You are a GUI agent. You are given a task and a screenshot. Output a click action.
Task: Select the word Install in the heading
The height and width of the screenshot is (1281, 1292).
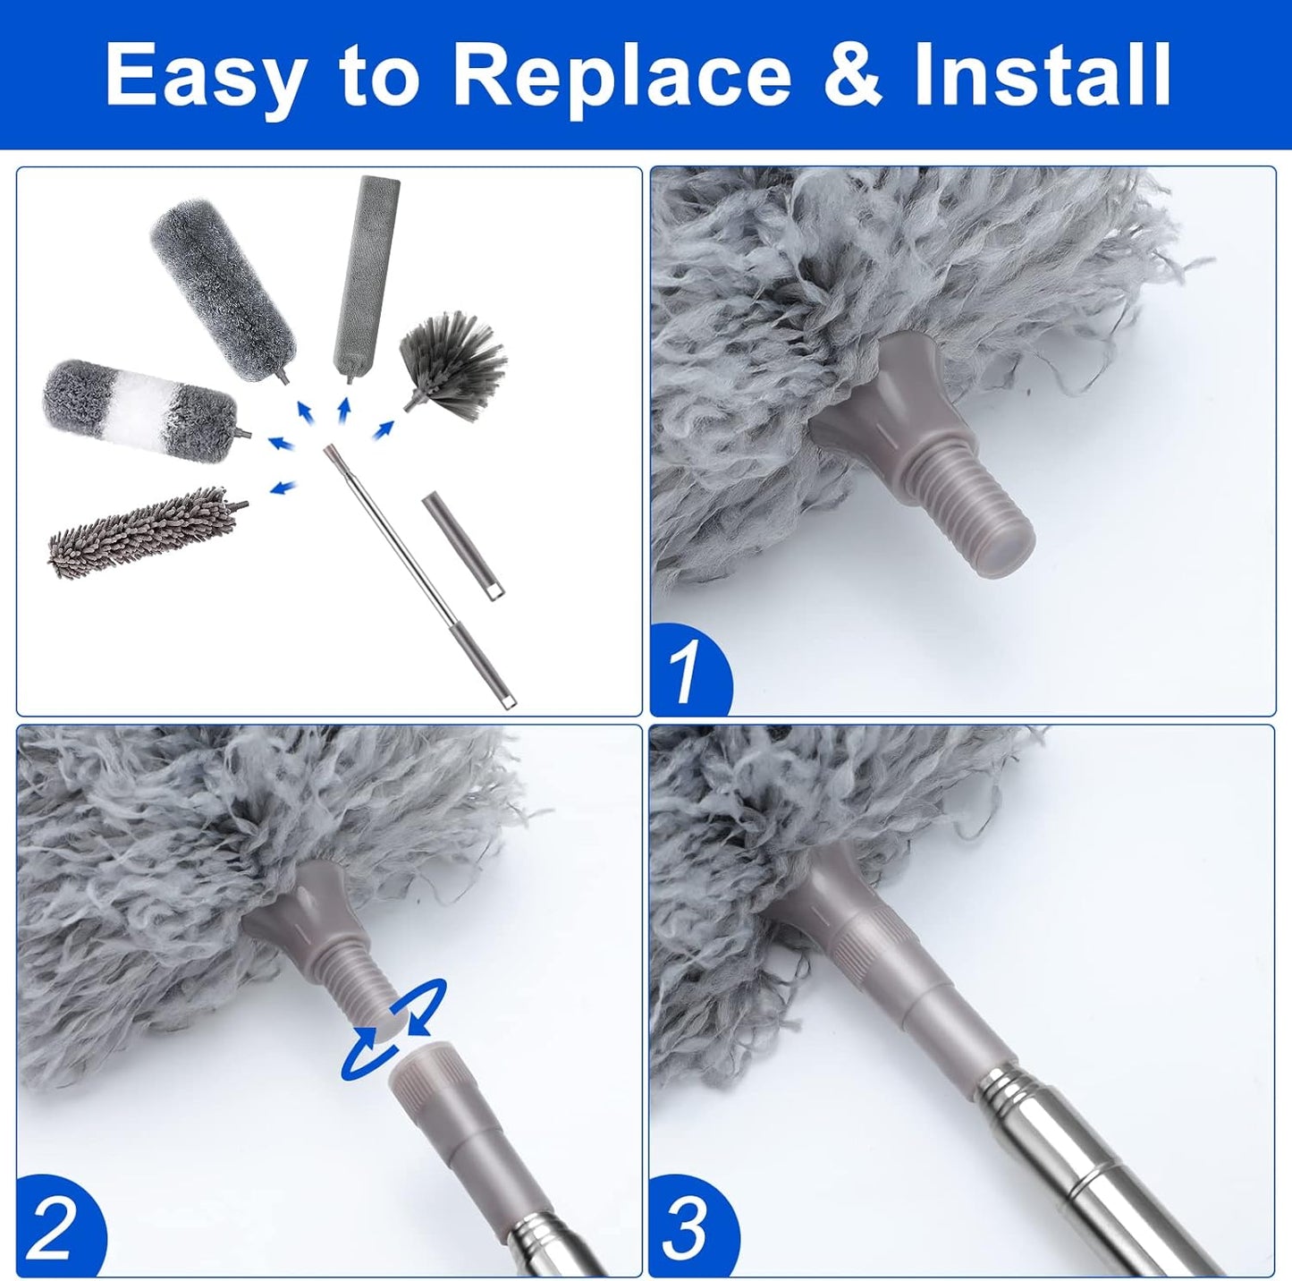(x=1042, y=75)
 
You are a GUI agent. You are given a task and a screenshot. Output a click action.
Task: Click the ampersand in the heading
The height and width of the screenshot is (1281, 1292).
(x=852, y=75)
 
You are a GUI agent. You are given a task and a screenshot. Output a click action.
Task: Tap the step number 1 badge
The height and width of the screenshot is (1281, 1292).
(x=688, y=672)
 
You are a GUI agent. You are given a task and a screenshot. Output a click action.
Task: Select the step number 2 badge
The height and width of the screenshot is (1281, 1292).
(x=54, y=1229)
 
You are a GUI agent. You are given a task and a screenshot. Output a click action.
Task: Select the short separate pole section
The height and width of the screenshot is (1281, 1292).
(x=462, y=545)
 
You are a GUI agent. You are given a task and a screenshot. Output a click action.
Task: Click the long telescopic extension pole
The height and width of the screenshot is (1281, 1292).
(x=418, y=577)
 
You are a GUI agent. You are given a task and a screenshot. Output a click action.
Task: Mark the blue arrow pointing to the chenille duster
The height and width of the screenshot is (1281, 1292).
(x=283, y=487)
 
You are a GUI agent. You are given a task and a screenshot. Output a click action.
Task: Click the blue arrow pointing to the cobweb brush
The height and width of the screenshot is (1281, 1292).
(x=384, y=430)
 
